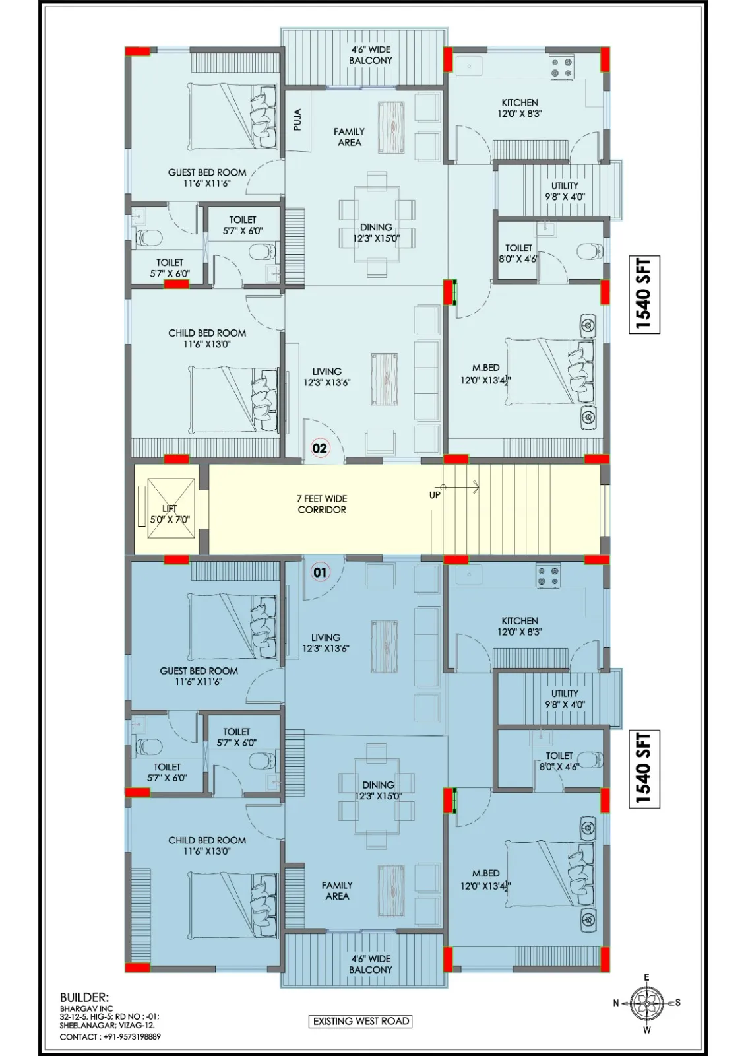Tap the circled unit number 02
pyautogui.click(x=319, y=447)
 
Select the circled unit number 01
pyautogui.click(x=319, y=572)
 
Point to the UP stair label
pyautogui.click(x=435, y=496)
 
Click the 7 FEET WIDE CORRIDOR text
pyautogui.click(x=322, y=504)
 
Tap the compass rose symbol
pyautogui.click(x=646, y=1003)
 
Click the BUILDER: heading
pyautogui.click(x=84, y=997)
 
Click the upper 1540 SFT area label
pyautogui.click(x=644, y=294)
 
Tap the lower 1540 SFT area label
pyautogui.click(x=644, y=769)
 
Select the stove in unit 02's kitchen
pyautogui.click(x=561, y=67)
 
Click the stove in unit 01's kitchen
pyautogui.click(x=548, y=576)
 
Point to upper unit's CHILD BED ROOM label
pyautogui.click(x=207, y=333)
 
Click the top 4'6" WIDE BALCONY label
pyautogui.click(x=371, y=55)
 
